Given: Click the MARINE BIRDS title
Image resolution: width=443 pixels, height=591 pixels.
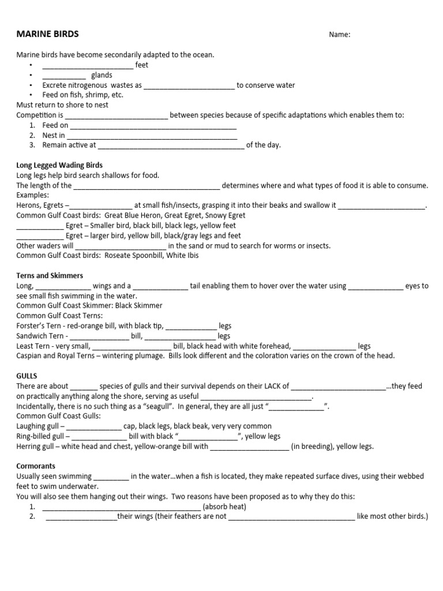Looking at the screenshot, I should (47, 34).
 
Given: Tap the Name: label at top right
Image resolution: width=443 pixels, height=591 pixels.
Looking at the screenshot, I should (340, 35).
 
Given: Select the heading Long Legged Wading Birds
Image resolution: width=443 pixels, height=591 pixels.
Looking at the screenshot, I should (59, 165).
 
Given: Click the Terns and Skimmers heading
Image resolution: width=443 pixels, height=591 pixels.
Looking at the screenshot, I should (50, 275).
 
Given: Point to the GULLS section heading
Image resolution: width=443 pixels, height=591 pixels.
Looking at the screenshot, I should (27, 376).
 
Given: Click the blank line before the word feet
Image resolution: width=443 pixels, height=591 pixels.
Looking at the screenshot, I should (88, 65).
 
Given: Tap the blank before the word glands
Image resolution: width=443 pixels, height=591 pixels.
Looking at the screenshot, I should (63, 76).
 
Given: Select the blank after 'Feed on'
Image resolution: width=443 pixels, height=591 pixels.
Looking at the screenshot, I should (153, 125).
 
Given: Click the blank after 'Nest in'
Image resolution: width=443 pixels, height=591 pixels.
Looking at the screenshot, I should (152, 136).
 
